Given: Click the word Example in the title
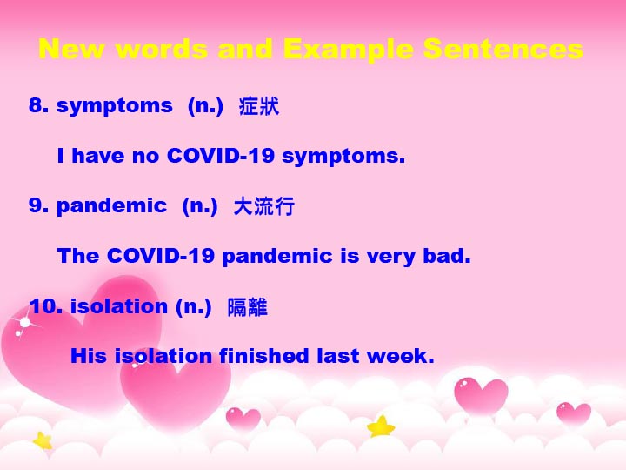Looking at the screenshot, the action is tap(348, 50).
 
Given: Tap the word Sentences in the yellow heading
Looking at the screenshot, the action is tap(503, 49).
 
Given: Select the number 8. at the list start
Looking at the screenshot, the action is tap(39, 105).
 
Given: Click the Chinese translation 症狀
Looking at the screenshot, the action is tap(259, 106).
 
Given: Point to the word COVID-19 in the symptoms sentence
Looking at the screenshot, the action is tap(220, 155).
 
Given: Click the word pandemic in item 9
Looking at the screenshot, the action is tap(111, 206).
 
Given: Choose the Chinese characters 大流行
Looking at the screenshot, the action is tap(264, 206).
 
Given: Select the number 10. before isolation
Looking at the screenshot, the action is tap(45, 306).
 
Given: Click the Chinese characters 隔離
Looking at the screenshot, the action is tap(247, 307).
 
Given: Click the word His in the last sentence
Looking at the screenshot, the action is tap(88, 355).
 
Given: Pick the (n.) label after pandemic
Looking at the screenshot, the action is tap(200, 206).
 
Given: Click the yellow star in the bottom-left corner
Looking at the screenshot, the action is tap(43, 440).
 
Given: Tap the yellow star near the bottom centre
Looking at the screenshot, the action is tap(381, 426).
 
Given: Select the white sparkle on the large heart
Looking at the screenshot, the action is tap(24, 322).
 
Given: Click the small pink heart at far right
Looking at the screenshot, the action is tap(574, 413).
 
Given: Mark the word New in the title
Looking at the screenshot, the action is tap(72, 49).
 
